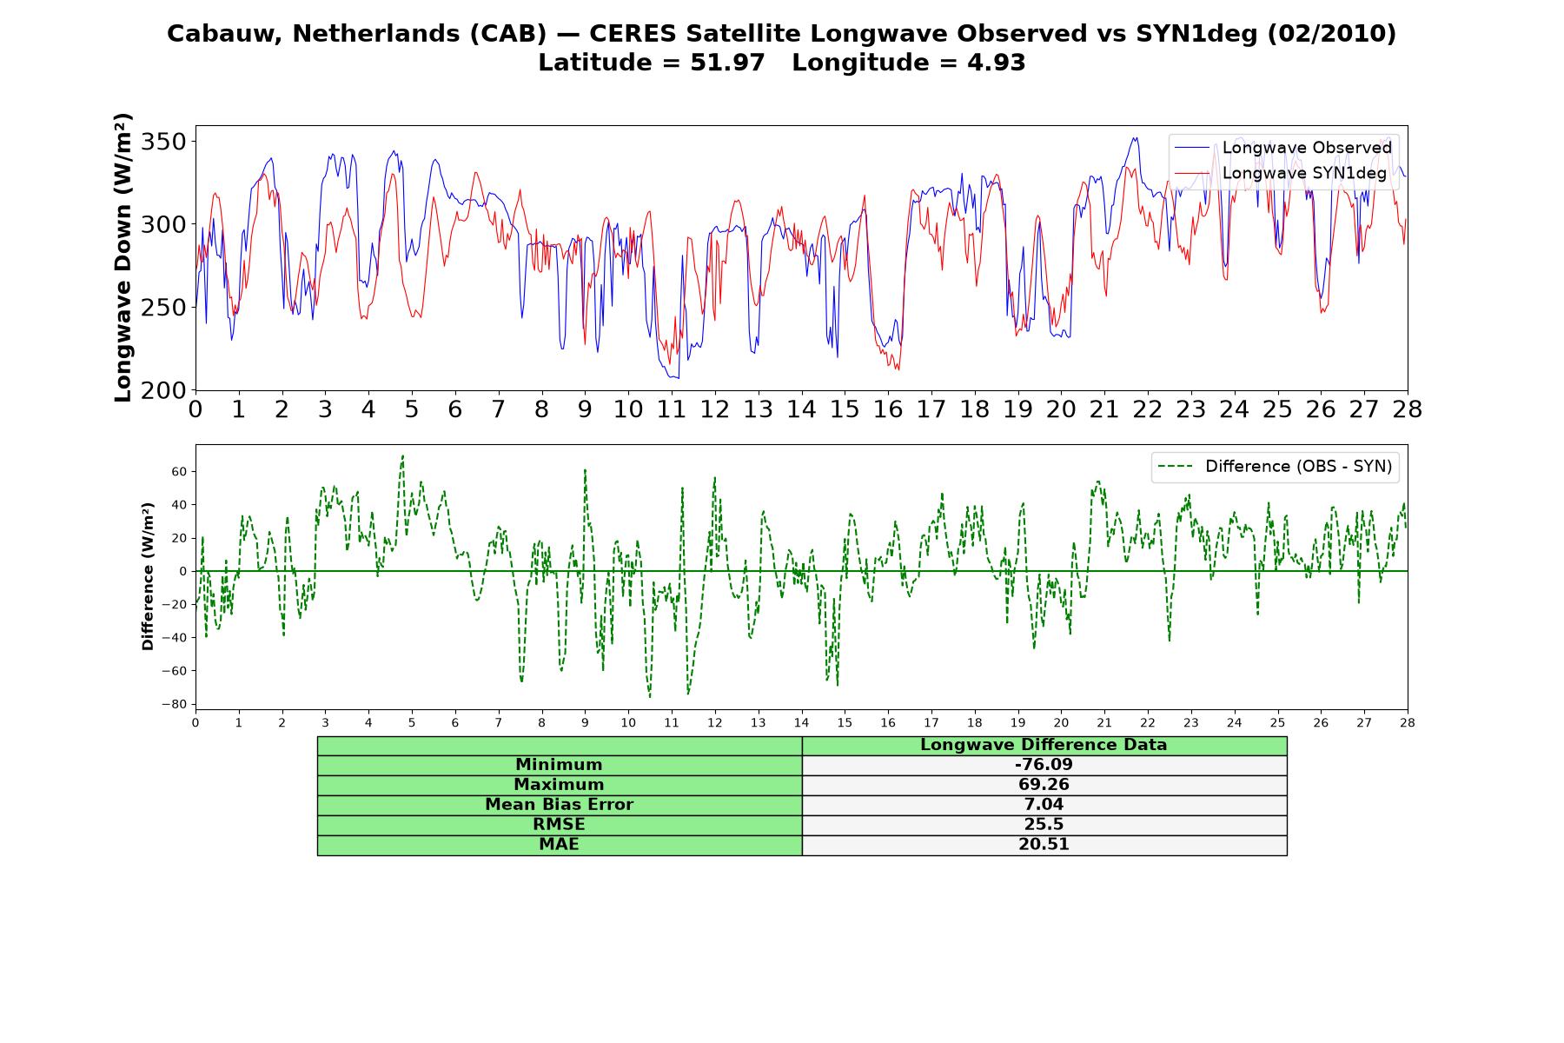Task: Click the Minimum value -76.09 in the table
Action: pyautogui.click(x=1044, y=765)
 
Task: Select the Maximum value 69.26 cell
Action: pyautogui.click(x=1044, y=785)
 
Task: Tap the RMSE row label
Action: pyautogui.click(x=559, y=825)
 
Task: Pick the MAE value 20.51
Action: pyautogui.click(x=1044, y=845)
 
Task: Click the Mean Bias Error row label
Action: pyautogui.click(x=559, y=805)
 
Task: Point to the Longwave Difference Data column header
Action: pyautogui.click(x=1044, y=745)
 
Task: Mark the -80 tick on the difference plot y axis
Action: pyautogui.click(x=179, y=704)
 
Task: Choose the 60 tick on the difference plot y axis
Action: pyautogui.click(x=182, y=472)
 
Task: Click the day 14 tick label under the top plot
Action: pyautogui.click(x=801, y=409)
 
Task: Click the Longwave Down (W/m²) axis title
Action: pyautogui.click(x=123, y=257)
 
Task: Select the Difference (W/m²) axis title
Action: pyautogui.click(x=148, y=576)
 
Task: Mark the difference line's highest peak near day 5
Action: pyautogui.click(x=402, y=455)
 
